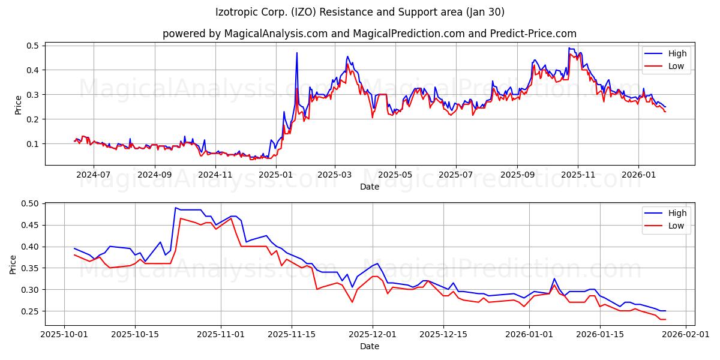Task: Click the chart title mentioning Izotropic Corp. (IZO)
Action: pyautogui.click(x=359, y=12)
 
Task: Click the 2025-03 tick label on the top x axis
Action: pyautogui.click(x=335, y=175)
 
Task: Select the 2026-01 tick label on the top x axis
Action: pyautogui.click(x=638, y=175)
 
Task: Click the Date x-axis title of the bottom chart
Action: pyautogui.click(x=369, y=346)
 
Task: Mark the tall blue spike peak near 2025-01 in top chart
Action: pyautogui.click(x=296, y=53)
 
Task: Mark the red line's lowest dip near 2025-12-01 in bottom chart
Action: pyautogui.click(x=352, y=302)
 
